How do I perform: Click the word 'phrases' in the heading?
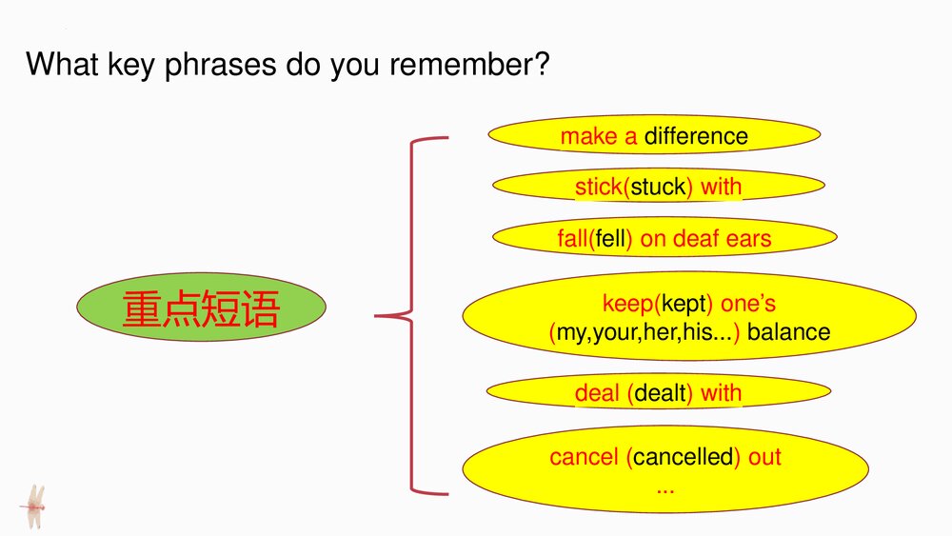pos(221,65)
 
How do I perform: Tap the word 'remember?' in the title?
pos(469,63)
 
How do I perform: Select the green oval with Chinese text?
pos(201,307)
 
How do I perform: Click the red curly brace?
pos(411,316)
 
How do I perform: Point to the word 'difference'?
pos(696,136)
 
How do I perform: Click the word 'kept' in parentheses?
pos(684,304)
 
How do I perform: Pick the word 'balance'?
pos(788,332)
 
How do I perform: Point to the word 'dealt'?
pos(660,393)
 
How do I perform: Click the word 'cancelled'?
pos(683,457)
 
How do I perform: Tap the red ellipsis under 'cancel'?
pos(665,490)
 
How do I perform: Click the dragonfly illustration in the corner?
pos(33,506)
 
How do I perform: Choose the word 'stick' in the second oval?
pos(599,187)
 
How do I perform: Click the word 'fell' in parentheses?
pos(610,239)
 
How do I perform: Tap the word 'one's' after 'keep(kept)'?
pos(748,304)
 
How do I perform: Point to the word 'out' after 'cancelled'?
pos(764,457)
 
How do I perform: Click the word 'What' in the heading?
pos(62,63)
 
